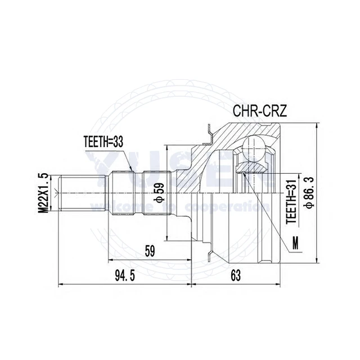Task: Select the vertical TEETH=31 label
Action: click(x=291, y=200)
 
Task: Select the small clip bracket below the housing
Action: click(x=210, y=251)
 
